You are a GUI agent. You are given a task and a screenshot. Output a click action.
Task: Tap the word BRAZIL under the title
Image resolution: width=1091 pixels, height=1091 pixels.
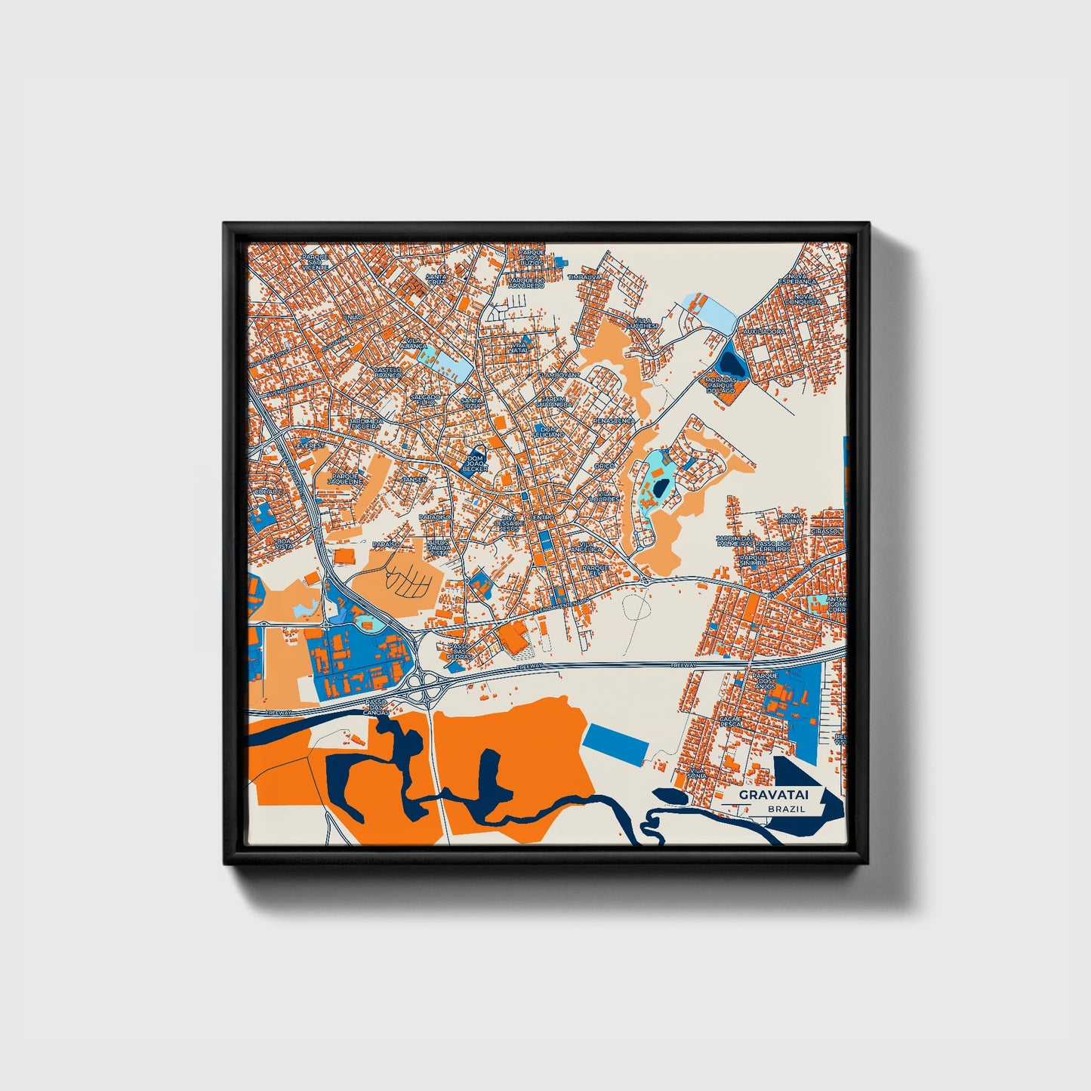(x=785, y=809)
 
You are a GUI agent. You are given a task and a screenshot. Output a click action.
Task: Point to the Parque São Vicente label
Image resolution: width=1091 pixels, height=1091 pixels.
(x=316, y=261)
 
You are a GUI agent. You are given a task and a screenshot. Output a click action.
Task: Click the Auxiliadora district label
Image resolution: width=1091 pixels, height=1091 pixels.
(x=764, y=331)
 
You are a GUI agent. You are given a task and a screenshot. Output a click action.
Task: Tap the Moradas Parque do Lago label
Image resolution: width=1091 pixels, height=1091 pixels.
(x=721, y=385)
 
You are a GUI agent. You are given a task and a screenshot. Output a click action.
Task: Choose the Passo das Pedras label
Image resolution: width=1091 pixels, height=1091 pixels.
(x=459, y=652)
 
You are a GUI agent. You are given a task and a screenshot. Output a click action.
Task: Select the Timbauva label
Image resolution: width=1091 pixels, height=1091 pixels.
(x=585, y=277)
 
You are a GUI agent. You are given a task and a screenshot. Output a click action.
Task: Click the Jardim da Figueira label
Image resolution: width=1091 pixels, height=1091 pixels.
(x=366, y=423)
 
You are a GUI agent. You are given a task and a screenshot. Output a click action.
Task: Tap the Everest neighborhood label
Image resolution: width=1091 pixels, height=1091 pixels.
(x=310, y=445)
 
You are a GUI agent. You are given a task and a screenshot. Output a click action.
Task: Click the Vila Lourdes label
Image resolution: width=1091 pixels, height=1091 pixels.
(x=605, y=496)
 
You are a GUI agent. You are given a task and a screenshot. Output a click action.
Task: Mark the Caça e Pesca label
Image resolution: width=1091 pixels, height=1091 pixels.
(x=730, y=721)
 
